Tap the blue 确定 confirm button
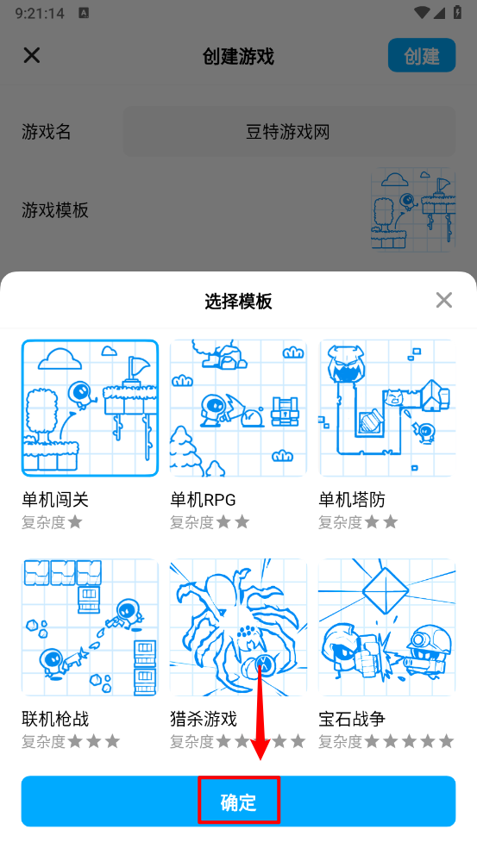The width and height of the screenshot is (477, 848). click(x=238, y=801)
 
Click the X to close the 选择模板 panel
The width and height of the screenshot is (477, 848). click(x=444, y=300)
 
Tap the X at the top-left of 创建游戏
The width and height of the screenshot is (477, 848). click(x=32, y=55)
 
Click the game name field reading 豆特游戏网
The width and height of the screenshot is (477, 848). click(x=289, y=131)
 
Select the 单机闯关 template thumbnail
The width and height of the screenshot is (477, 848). click(x=90, y=408)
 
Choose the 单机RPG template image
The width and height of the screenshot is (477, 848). click(x=238, y=408)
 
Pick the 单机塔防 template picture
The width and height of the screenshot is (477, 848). click(x=387, y=408)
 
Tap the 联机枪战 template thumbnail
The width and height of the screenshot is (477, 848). click(x=90, y=627)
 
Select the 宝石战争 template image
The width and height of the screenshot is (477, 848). click(x=387, y=627)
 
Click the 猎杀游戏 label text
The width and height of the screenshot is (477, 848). click(x=204, y=719)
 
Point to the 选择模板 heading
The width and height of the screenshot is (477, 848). click(x=238, y=301)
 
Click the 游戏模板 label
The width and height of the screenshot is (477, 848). click(x=55, y=209)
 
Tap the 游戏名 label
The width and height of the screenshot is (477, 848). click(x=47, y=131)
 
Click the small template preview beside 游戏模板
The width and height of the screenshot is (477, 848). click(x=413, y=209)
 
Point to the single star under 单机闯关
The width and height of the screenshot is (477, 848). click(x=75, y=522)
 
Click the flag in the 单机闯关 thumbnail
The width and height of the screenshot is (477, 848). click(x=137, y=368)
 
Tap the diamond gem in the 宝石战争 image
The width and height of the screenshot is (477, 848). click(x=385, y=590)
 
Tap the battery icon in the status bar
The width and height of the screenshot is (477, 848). click(x=457, y=12)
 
